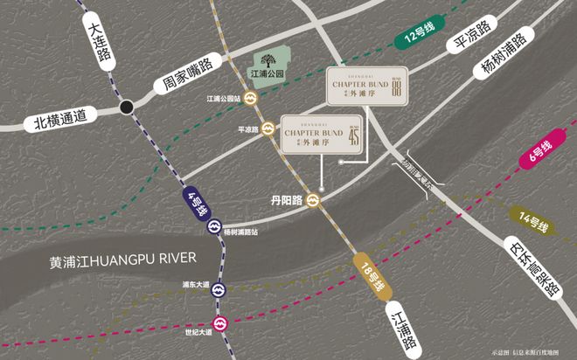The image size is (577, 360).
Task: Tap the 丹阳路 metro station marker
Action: pos(313,200)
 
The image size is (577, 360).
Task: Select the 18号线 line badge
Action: pos(372,279)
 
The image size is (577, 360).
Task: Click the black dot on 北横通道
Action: pos(128,107)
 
